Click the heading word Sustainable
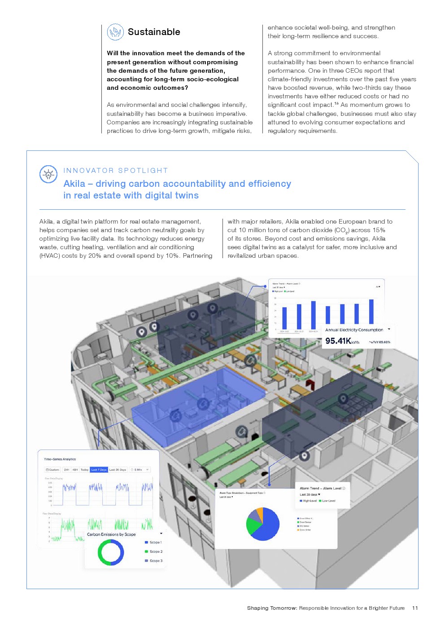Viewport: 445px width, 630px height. click(154, 32)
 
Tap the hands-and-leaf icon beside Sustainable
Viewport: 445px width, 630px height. click(115, 32)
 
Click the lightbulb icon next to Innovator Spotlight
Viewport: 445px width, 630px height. click(48, 174)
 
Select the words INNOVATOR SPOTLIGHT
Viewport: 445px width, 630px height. click(116, 171)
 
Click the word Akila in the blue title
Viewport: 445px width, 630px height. click(74, 184)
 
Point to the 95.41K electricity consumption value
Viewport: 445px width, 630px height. click(338, 341)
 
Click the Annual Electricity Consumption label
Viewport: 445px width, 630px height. click(354, 330)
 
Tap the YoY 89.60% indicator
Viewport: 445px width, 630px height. click(380, 342)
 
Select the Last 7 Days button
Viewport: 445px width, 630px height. click(99, 470)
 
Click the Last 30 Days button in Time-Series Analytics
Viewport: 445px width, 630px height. click(118, 470)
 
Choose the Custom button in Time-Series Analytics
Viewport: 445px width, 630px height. click(52, 470)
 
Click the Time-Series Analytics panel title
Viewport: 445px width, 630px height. click(60, 459)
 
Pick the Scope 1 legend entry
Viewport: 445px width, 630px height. click(155, 542)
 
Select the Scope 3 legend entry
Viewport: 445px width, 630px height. click(155, 561)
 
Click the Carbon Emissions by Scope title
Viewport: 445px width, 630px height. click(111, 534)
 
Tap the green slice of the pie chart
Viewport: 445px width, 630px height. click(252, 525)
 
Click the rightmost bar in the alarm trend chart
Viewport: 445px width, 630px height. click(371, 312)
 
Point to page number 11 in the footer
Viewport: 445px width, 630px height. click(415, 608)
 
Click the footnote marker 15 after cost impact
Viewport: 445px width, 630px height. click(336, 103)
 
